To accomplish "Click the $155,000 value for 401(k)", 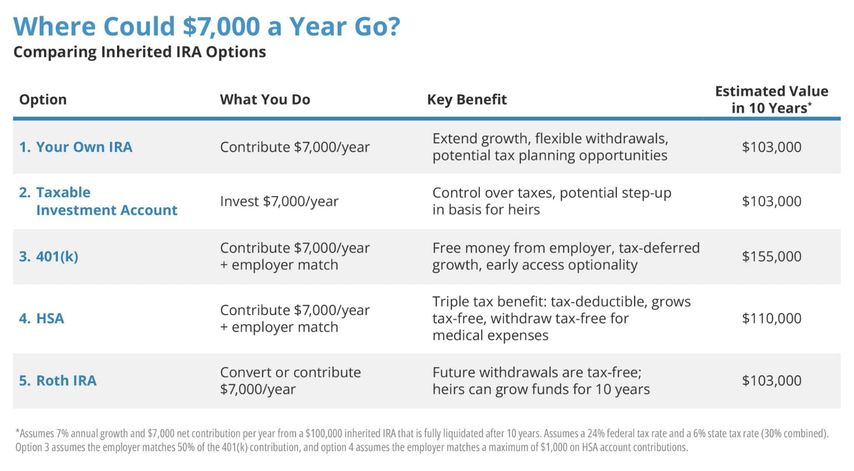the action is (772, 256).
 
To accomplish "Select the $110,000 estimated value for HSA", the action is (772, 318).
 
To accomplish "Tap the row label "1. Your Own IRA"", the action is (76, 147).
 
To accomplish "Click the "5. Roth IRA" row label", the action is (58, 380).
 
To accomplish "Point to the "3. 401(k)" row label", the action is (49, 256).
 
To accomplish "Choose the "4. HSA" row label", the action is (41, 318).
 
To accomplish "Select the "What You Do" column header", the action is (265, 99).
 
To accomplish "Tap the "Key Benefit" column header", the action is (467, 99).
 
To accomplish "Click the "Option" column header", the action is (43, 99).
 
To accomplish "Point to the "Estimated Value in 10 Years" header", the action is (772, 99).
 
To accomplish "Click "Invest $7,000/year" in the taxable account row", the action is (279, 201).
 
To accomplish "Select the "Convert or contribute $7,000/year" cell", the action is (290, 380).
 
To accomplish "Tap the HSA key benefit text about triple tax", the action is (562, 318).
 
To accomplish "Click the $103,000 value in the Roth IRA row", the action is (772, 380).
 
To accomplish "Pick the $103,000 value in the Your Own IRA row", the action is (772, 147).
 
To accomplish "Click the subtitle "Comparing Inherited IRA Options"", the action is (140, 52).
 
